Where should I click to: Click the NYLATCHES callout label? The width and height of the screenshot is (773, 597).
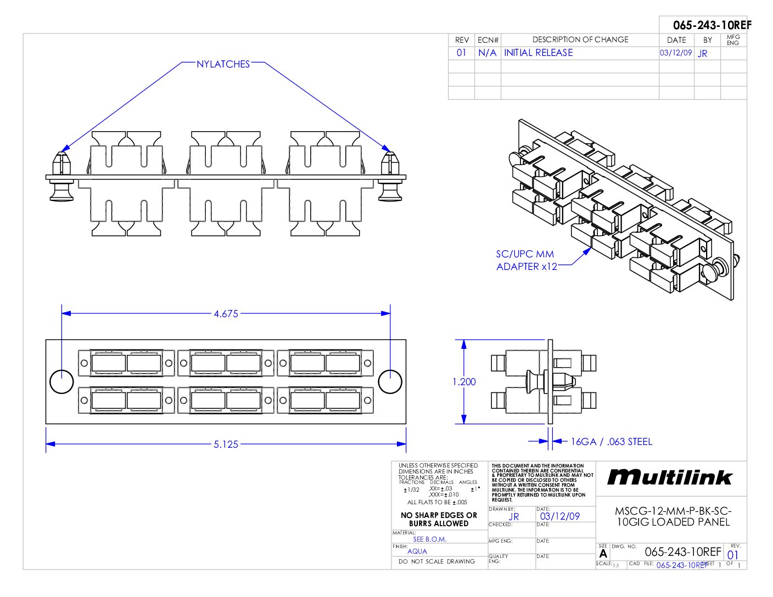click(x=223, y=64)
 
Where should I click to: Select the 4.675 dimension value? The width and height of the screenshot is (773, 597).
click(x=226, y=314)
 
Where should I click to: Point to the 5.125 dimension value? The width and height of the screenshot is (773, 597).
click(x=226, y=444)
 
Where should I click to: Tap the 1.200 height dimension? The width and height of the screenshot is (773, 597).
click(x=464, y=382)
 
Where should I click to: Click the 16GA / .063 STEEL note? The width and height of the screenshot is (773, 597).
click(x=612, y=442)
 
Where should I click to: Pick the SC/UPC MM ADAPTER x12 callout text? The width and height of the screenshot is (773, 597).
click(x=526, y=261)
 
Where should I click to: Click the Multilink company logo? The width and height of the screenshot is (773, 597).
click(x=670, y=477)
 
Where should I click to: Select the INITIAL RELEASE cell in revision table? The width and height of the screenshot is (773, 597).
click(x=538, y=53)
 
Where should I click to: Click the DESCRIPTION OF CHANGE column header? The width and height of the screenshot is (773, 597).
click(x=580, y=40)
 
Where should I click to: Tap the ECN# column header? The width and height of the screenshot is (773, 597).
click(x=488, y=40)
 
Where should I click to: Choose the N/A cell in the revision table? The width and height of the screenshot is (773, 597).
click(x=487, y=53)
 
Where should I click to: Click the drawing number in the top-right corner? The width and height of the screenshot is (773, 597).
click(x=712, y=25)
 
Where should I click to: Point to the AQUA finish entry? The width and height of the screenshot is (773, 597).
click(x=417, y=551)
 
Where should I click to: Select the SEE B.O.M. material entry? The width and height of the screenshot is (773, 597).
click(x=430, y=539)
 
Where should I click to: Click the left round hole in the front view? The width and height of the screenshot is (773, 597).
click(x=61, y=381)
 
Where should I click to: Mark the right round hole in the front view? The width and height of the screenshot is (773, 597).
click(x=390, y=381)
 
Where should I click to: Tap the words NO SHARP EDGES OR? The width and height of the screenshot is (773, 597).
click(x=439, y=515)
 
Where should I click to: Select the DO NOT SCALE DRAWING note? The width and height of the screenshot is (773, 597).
click(x=436, y=562)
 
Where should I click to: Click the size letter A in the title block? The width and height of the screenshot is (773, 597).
click(x=603, y=554)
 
